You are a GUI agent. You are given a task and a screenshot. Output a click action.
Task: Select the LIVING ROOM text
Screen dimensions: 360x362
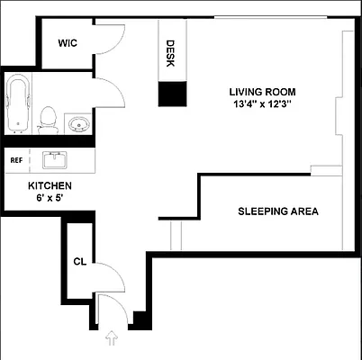262,92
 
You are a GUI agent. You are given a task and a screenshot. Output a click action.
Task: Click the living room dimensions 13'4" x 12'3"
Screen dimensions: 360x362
262,104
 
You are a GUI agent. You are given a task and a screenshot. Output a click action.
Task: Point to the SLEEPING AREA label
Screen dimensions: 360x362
277,212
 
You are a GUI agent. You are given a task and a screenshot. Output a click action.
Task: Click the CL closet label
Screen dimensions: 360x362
79,262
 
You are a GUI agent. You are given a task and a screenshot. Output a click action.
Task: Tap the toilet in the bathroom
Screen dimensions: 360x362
50,118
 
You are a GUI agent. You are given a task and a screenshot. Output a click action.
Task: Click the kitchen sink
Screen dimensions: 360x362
55,160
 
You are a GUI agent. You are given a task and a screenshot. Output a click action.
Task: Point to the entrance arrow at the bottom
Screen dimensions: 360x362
113,339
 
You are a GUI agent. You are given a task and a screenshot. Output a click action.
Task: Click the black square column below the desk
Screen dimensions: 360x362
171,94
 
